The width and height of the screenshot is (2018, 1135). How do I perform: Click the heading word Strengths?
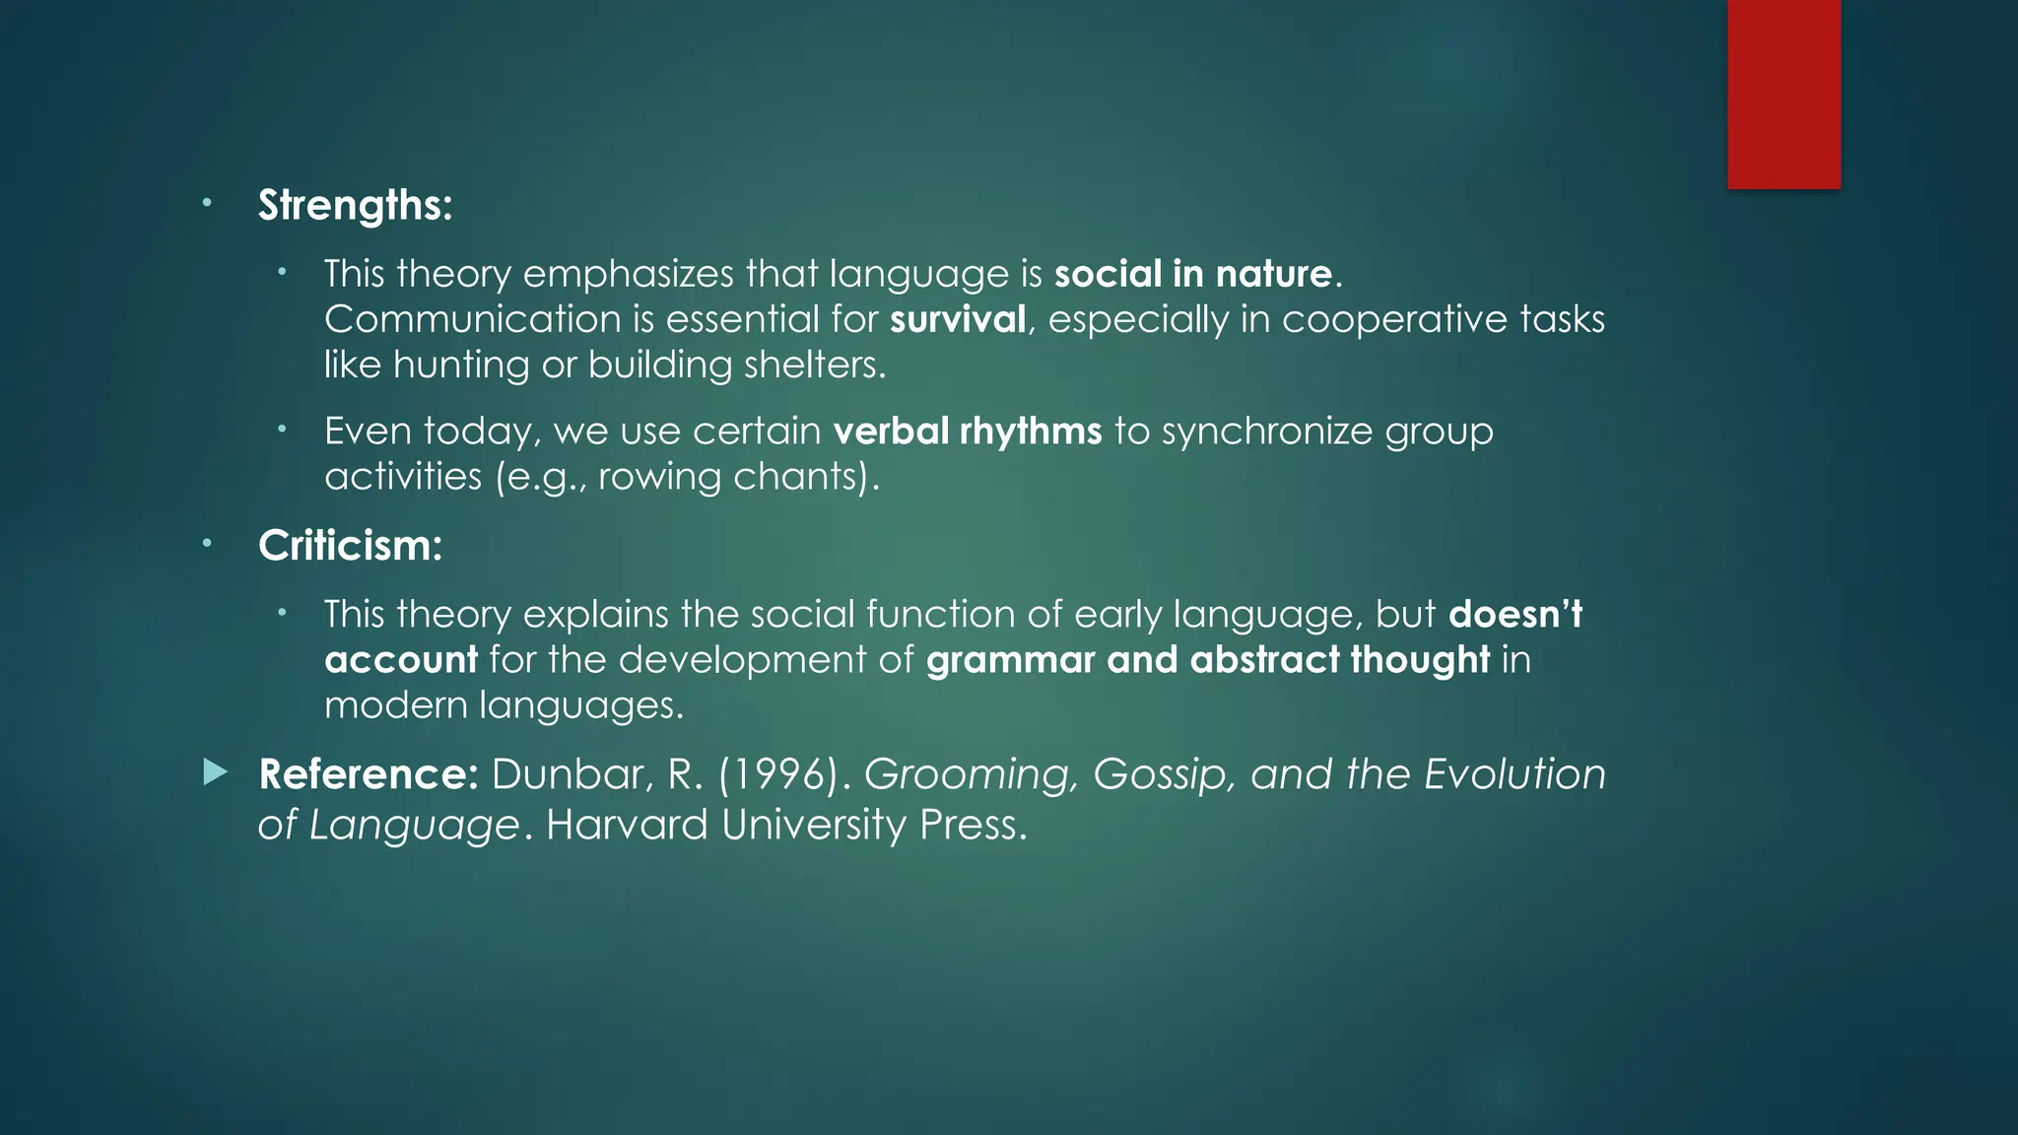point(354,206)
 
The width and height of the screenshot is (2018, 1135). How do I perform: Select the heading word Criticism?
point(349,546)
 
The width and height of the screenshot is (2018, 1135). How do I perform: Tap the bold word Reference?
point(368,774)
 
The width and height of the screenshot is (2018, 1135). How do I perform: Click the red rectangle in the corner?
point(1783,94)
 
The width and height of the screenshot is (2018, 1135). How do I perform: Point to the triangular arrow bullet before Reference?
point(215,772)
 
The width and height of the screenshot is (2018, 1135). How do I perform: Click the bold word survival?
point(958,319)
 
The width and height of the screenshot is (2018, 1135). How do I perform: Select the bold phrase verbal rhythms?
point(967,432)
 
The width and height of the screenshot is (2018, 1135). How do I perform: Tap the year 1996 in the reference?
point(783,774)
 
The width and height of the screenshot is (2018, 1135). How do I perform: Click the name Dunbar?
point(571,774)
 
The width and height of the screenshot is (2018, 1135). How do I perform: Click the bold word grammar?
point(1010,660)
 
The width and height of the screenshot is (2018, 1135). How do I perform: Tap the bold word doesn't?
point(1515,615)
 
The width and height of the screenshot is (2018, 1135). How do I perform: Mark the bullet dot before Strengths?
point(207,204)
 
